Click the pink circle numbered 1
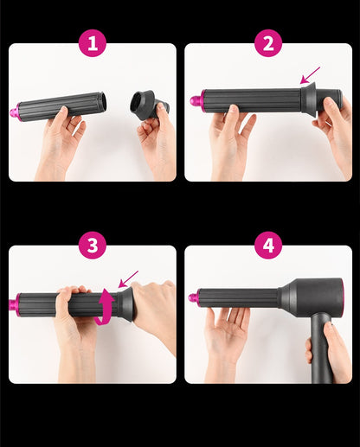pos(93,43)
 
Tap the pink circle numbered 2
pos(268,43)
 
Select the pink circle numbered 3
pos(93,246)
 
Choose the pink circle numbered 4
pos(268,246)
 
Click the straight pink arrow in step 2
pos(310,75)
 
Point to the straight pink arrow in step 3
pos(128,279)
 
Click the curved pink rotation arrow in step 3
pos(106,307)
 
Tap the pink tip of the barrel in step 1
pos(15,112)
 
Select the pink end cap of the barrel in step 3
pos(14,305)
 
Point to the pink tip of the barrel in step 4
pos(194,297)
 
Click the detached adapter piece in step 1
pos(149,105)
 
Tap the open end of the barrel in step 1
pos(103,103)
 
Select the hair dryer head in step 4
pos(312,296)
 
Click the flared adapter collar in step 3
pos(125,304)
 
